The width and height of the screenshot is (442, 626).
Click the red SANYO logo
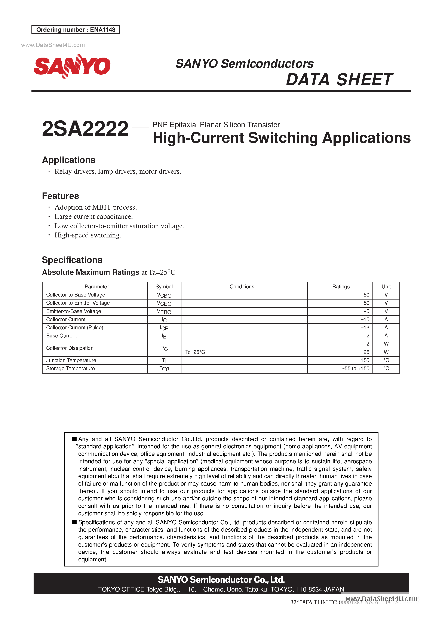coord(72,66)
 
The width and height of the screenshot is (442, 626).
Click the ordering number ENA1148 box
coord(76,30)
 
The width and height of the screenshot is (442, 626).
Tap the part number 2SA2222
coord(85,129)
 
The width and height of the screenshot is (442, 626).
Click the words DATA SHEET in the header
coord(339,80)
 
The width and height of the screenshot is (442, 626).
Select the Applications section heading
coord(69,160)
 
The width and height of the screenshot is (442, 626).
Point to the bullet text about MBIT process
coord(95,207)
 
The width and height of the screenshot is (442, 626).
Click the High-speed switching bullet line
coord(88,235)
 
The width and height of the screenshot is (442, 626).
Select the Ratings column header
coord(341,286)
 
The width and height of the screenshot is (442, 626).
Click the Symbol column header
coord(164,286)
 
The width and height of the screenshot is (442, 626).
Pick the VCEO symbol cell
coord(164,303)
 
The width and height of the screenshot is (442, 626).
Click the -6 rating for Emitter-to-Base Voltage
coord(366,311)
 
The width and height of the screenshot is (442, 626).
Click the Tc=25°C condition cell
coord(195,352)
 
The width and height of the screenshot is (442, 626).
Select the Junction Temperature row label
coord(71,361)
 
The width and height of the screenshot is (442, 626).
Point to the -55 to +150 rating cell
coord(356,369)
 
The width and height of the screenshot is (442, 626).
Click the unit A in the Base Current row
coord(386,336)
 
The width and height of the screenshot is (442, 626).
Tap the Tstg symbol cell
coord(164,369)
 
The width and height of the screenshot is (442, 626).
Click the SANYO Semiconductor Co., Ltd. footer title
coord(221,580)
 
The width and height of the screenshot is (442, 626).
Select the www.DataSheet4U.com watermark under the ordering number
coord(53,45)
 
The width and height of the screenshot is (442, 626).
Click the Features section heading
coord(61,196)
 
